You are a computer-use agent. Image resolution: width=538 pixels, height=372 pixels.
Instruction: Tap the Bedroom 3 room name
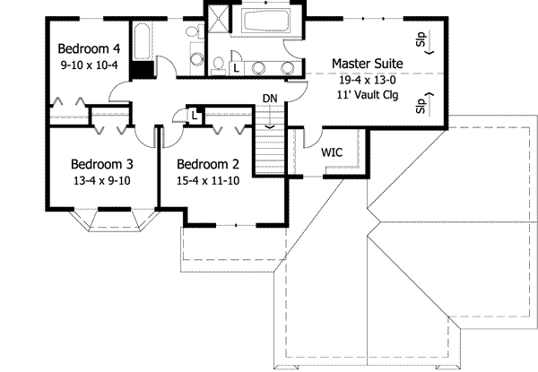click(x=102, y=164)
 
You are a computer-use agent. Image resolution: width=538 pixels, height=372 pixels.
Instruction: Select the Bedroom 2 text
click(x=207, y=164)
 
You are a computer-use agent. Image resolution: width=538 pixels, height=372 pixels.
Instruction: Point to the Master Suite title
click(x=367, y=63)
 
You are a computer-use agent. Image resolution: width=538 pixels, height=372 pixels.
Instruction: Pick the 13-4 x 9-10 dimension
click(x=102, y=180)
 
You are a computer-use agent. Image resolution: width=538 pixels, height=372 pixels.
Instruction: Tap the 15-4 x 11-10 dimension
click(x=209, y=180)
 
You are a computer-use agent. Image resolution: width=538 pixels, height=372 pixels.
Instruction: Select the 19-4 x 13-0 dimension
click(x=367, y=79)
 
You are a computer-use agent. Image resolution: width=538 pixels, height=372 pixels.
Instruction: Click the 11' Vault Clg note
click(x=367, y=94)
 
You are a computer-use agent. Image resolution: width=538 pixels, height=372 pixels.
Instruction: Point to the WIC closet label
click(x=334, y=152)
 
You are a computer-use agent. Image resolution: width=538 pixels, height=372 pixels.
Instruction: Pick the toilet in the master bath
click(x=218, y=64)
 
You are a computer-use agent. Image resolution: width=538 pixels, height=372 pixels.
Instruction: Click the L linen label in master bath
click(x=236, y=67)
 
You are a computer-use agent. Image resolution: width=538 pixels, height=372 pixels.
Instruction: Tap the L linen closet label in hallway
click(x=195, y=114)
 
